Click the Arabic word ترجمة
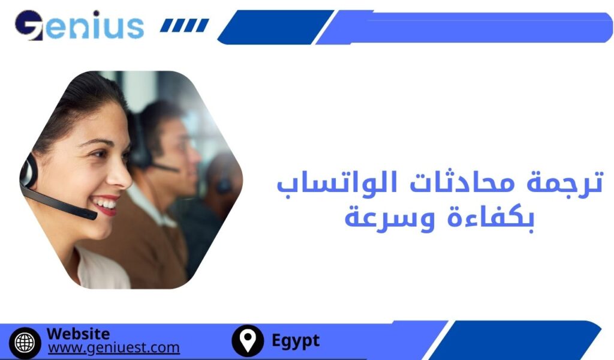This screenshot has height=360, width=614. (565, 182)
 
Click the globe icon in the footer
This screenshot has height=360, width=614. (25, 341)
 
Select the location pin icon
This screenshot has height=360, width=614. (247, 341)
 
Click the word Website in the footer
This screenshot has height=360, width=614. (78, 334)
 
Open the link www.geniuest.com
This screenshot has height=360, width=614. (113, 348)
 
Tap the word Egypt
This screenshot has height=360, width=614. (296, 341)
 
